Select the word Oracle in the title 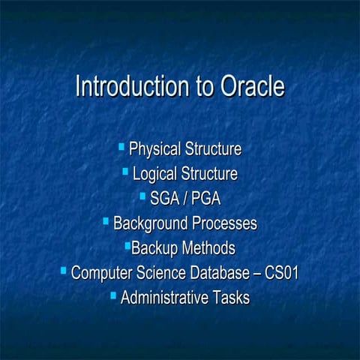(x=253, y=87)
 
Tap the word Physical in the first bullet (x=156, y=149)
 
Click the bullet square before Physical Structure (x=122, y=146)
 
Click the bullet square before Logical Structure (x=125, y=172)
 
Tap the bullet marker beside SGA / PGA (x=142, y=196)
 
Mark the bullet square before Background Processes (x=105, y=220)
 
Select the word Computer (x=103, y=273)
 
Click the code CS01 (x=282, y=273)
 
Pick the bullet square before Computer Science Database (x=63, y=270)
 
